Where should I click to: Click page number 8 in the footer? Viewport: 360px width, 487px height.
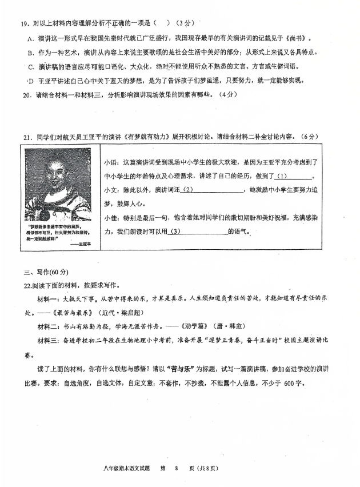[177, 469]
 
